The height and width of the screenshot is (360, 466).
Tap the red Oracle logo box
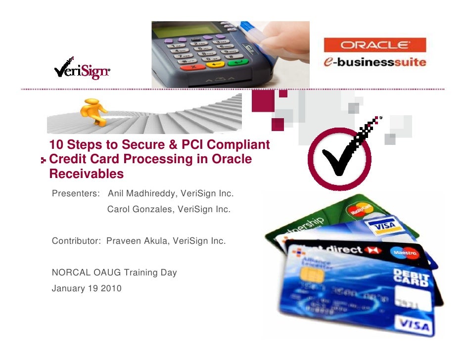pyautogui.click(x=374, y=45)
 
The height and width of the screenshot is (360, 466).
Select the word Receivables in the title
pyautogui.click(x=87, y=175)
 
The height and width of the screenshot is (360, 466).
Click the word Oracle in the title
pyautogui.click(x=233, y=160)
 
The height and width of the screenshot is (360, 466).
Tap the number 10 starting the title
pyautogui.click(x=57, y=145)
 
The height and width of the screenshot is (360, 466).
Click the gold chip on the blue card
pyautogui.click(x=312, y=275)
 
